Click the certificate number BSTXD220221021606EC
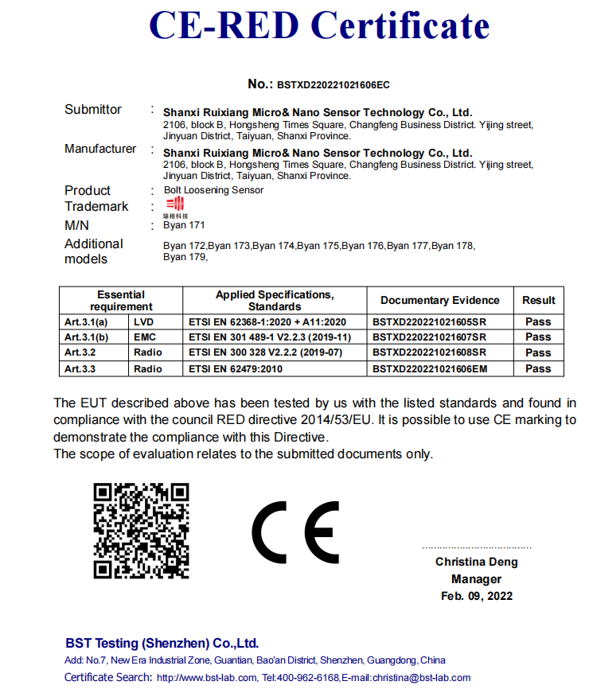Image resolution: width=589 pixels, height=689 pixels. coord(333,84)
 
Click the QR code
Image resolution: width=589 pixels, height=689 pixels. coord(142,530)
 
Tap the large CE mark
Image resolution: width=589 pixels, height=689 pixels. coord(295,531)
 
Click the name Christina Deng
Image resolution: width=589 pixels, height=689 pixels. coord(476,562)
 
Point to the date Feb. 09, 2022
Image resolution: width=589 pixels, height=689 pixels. coord(476,595)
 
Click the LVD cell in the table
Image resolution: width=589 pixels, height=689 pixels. coord(144,321)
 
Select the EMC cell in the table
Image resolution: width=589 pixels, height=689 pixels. coord(145,337)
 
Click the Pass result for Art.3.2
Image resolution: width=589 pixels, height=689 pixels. coord(538,352)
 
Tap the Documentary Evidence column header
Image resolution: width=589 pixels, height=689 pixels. coord(440,300)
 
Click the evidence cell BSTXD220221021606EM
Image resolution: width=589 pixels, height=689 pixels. coord(429,369)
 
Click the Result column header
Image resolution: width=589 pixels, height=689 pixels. coord(539,300)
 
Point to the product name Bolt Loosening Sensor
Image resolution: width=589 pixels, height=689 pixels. coord(213,190)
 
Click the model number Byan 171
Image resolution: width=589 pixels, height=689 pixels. coord(184,225)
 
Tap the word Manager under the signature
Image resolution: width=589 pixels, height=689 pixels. coord(476,579)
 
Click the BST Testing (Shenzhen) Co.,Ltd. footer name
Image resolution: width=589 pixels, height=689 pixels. coord(162,644)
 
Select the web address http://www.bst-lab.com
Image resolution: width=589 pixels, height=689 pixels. coord(207,678)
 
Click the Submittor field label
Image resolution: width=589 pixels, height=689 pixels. coord(93,110)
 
